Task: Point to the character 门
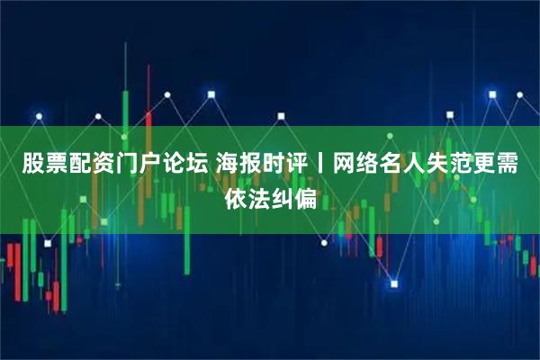point(127,165)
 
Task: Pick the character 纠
point(283,197)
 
